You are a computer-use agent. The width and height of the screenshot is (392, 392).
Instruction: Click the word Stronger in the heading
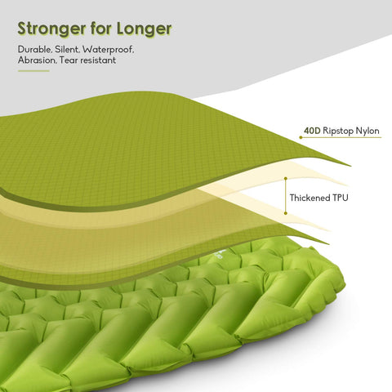(51, 29)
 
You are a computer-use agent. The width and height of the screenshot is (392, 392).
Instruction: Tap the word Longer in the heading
(145, 29)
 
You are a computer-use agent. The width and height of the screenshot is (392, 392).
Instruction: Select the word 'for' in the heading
(101, 28)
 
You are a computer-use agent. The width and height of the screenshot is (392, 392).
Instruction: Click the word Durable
(34, 50)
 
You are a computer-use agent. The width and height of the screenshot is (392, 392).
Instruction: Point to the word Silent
(67, 50)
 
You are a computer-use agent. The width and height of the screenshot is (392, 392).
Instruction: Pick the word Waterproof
(109, 50)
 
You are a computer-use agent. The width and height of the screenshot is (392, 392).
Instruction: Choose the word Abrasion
(37, 60)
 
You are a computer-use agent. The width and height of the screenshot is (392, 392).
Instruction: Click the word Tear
(69, 60)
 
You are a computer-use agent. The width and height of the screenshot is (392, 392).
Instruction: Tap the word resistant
(98, 60)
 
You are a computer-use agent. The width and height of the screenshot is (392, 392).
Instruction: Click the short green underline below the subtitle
(33, 71)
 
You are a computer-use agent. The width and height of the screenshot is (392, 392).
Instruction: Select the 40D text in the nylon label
(313, 131)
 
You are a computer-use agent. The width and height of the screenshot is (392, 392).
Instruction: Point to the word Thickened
(309, 198)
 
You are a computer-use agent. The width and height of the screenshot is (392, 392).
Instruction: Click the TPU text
(340, 198)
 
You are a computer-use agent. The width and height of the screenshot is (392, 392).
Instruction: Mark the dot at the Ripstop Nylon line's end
(301, 137)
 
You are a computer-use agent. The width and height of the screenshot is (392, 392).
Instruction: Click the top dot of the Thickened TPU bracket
(286, 179)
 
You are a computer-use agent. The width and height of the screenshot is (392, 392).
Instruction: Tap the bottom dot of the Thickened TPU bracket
(286, 213)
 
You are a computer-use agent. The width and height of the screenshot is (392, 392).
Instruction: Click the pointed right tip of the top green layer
(350, 166)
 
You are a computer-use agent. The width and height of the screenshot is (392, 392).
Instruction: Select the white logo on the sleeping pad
(220, 255)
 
